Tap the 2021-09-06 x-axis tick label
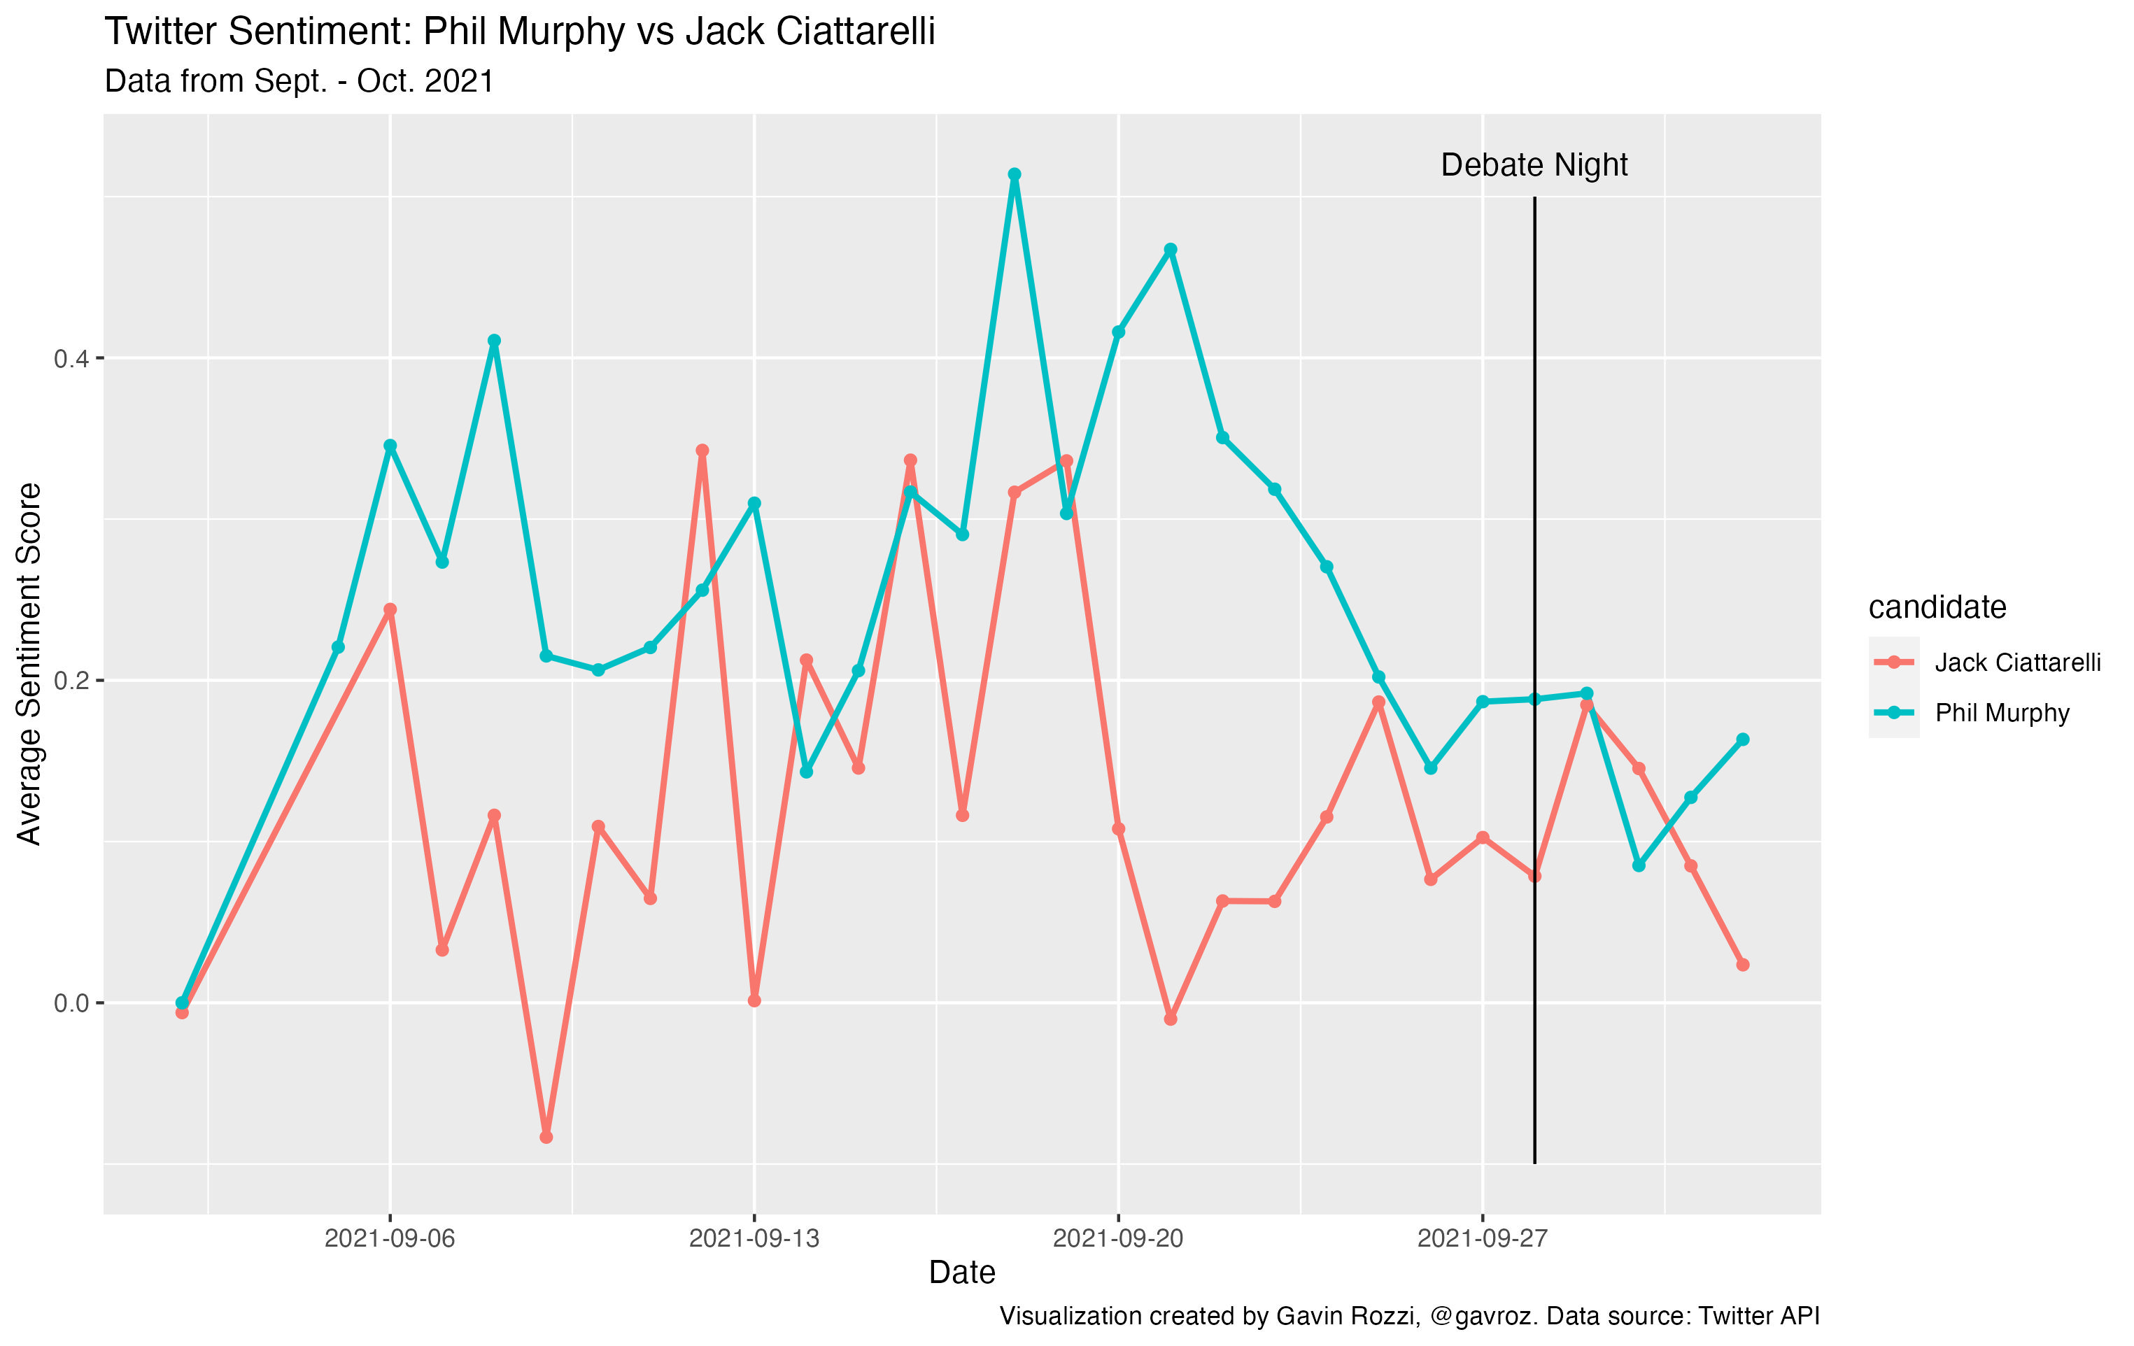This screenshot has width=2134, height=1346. click(x=389, y=1238)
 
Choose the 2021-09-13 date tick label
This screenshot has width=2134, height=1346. click(x=754, y=1238)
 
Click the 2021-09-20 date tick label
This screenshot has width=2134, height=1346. click(x=1117, y=1238)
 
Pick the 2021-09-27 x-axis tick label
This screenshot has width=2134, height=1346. click(x=1482, y=1238)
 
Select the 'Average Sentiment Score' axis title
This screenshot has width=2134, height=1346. click(x=29, y=664)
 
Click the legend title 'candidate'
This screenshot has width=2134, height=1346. click(x=1937, y=607)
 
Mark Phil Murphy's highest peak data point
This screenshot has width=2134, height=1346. click(x=1015, y=175)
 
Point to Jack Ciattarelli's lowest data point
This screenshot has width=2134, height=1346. click(x=546, y=1137)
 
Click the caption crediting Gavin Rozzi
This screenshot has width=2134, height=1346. click(x=1409, y=1316)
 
